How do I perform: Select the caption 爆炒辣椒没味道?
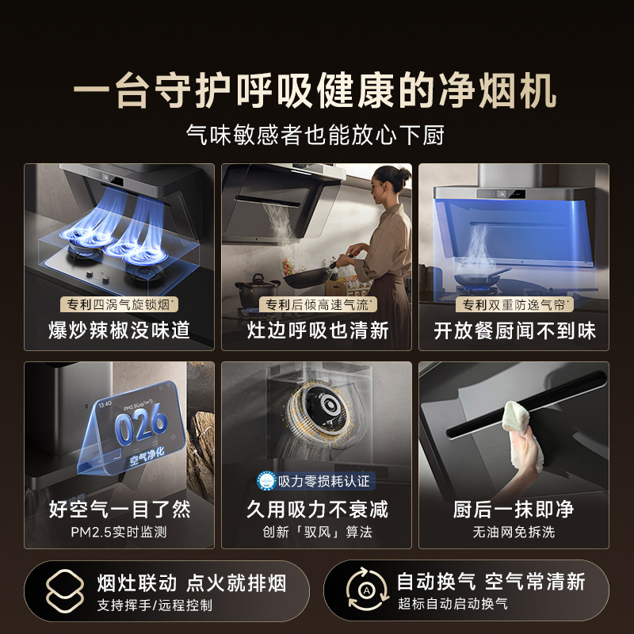point(118,330)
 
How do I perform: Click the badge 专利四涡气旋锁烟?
point(118,304)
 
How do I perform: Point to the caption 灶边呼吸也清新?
point(316,330)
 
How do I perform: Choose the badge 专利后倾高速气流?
point(318,304)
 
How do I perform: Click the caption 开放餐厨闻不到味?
point(514,330)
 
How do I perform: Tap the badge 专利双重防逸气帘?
point(516,304)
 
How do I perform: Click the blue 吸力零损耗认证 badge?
point(316,482)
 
